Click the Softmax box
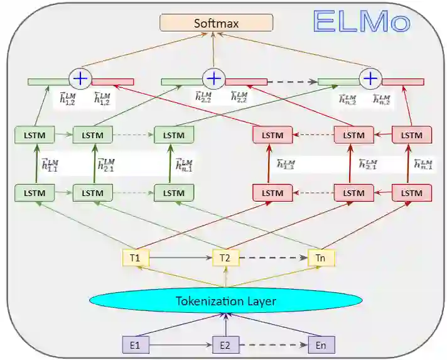[216, 23]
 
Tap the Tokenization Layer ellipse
[226, 301]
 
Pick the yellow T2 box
[226, 258]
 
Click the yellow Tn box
[321, 258]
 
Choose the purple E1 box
[135, 344]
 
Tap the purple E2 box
[226, 344]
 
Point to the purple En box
[321, 344]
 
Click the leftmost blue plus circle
[80, 78]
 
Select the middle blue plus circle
[214, 79]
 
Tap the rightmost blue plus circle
[371, 79]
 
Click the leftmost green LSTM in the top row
[35, 134]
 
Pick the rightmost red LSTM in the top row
[412, 134]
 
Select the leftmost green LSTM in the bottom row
[35, 192]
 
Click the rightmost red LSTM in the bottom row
[412, 192]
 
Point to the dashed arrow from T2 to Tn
[273, 258]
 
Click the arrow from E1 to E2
[180, 344]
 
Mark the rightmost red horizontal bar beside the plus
[403, 82]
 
